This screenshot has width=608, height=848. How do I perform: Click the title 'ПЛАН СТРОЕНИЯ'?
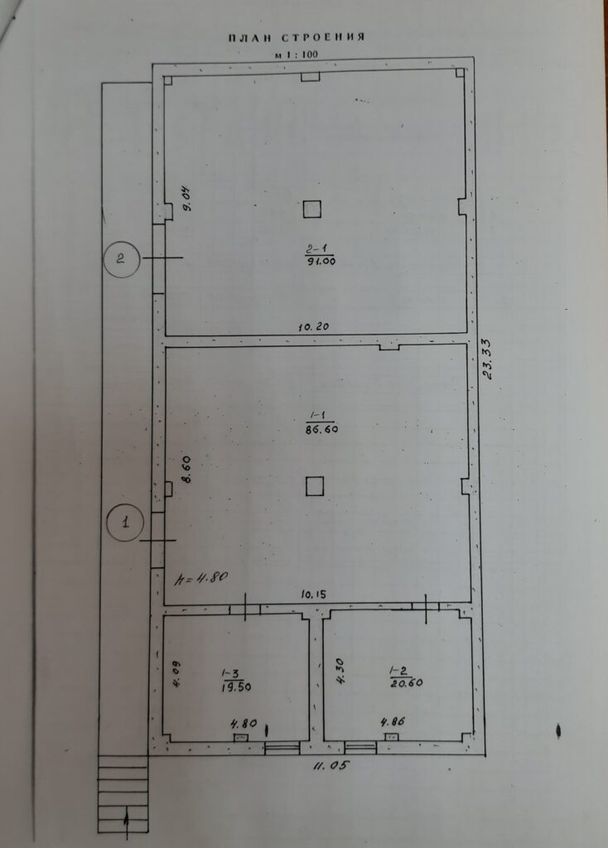[297, 37]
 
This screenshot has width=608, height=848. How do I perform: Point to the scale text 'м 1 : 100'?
[297, 55]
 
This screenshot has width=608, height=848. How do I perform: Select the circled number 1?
[126, 523]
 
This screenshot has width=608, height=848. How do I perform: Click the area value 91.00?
[321, 261]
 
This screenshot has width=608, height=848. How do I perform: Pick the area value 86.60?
[321, 430]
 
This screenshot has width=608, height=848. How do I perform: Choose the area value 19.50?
[236, 687]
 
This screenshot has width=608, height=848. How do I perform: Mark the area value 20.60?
[407, 683]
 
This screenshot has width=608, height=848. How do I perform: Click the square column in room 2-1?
[311, 209]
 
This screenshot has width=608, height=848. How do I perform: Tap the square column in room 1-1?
[315, 486]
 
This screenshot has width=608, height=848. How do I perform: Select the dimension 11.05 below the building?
[330, 766]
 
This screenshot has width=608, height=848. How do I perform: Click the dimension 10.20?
[314, 326]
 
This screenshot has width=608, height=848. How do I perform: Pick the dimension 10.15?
[314, 595]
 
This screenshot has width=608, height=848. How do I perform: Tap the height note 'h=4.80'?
[200, 578]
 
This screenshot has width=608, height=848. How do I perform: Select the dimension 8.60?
[186, 470]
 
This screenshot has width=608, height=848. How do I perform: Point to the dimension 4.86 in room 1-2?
[393, 721]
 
